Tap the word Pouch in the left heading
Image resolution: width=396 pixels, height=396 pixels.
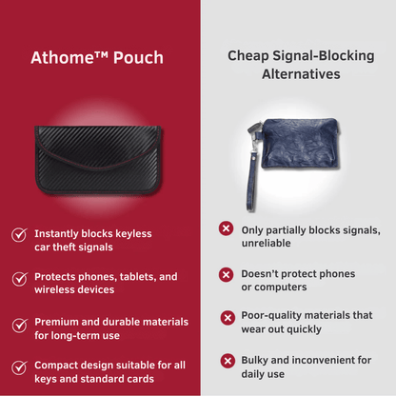pos(138,58)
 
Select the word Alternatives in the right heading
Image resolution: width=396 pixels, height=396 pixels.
pos(301,74)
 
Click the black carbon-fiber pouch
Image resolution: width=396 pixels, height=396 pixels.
pos(98,160)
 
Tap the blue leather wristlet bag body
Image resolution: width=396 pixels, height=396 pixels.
pos(300,144)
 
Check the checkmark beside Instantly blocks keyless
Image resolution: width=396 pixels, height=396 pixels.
pos(19,235)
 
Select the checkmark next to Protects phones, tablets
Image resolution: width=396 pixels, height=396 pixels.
pos(20,279)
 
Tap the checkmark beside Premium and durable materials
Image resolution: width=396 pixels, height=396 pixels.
pos(20,326)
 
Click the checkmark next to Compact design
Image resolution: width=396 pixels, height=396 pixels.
pos(19,367)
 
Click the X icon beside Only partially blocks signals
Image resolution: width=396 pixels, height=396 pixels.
pos(226,228)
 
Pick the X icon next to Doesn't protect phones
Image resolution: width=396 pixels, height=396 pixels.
pos(226,274)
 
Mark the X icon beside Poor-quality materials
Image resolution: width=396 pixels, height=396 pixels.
pos(228,318)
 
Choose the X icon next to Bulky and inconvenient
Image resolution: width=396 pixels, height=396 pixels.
pos(228,361)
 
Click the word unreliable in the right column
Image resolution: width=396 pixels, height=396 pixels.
pos(266,244)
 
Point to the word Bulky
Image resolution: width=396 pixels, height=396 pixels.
pos(254,361)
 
